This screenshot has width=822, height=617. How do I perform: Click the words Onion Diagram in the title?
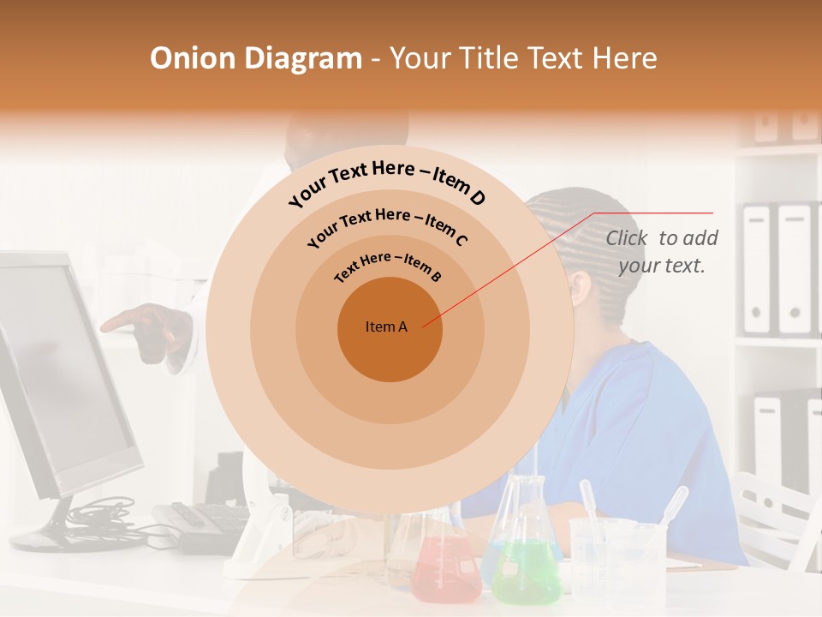(x=256, y=58)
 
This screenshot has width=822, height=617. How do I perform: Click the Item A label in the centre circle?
(x=386, y=326)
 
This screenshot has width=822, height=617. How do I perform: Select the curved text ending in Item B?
(x=388, y=267)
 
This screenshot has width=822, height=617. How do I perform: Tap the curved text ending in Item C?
(x=387, y=226)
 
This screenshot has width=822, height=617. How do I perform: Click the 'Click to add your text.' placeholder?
(x=661, y=251)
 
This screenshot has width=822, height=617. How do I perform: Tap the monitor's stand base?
(x=60, y=538)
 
